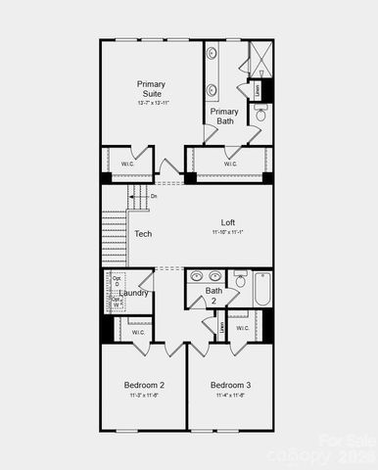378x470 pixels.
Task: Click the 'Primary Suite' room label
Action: pyautogui.click(x=151, y=89)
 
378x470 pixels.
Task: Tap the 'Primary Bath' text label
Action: pyautogui.click(x=224, y=117)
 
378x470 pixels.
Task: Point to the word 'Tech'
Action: pyautogui.click(x=143, y=234)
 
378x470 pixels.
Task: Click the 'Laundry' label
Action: pyautogui.click(x=134, y=293)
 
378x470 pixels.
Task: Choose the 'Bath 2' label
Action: pyautogui.click(x=213, y=295)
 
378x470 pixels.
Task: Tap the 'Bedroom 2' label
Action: pyautogui.click(x=144, y=385)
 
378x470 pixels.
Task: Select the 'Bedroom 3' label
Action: pyautogui.click(x=230, y=385)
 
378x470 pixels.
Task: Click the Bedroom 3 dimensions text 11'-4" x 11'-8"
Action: pyautogui.click(x=230, y=397)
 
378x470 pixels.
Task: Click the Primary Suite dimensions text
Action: pyautogui.click(x=151, y=103)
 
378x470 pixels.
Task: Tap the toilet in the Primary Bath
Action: pyautogui.click(x=260, y=115)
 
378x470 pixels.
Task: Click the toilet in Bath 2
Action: pyautogui.click(x=240, y=285)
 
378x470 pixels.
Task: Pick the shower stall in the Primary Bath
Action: pyautogui.click(x=260, y=60)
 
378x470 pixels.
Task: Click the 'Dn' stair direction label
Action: pyautogui.click(x=154, y=197)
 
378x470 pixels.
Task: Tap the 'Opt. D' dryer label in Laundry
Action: pyautogui.click(x=117, y=282)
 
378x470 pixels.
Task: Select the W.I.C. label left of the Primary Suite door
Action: pyautogui.click(x=127, y=164)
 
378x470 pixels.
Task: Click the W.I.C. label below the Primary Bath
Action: pyautogui.click(x=230, y=164)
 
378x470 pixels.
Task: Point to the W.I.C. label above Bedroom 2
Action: pyautogui.click(x=139, y=333)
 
